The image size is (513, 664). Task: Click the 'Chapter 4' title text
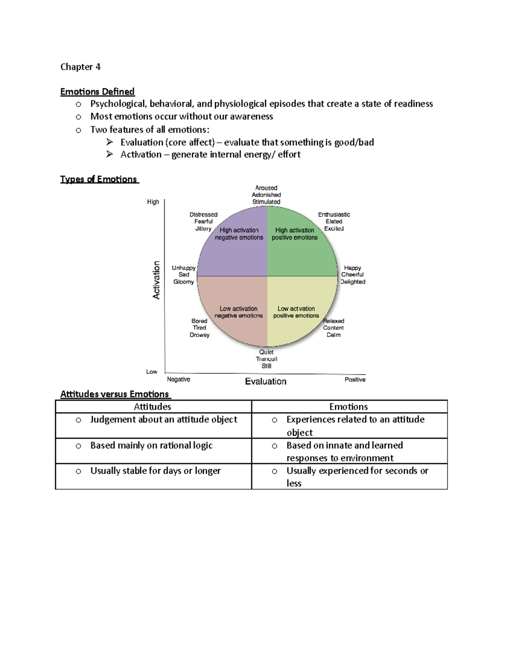[80, 67]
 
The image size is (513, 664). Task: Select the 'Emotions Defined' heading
[97, 91]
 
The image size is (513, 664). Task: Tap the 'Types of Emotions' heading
[99, 179]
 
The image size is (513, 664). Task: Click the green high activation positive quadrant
[301, 252]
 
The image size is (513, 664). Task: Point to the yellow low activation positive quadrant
[299, 325]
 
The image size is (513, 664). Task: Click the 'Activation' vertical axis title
[156, 280]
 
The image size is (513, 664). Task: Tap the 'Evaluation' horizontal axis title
[265, 381]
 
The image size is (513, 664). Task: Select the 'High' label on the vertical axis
[153, 202]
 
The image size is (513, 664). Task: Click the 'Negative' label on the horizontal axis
[179, 379]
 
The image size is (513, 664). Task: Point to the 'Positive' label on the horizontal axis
[355, 380]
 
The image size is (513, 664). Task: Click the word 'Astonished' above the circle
[266, 195]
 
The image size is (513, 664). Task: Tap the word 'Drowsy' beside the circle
[200, 335]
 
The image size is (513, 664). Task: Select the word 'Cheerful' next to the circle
[352, 274]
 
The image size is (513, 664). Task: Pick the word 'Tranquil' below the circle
[266, 359]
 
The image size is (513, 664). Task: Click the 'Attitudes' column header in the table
[153, 407]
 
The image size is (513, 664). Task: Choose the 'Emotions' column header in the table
[348, 407]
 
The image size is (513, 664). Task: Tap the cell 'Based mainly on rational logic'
[151, 446]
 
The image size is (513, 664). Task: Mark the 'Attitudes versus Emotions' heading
[115, 394]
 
